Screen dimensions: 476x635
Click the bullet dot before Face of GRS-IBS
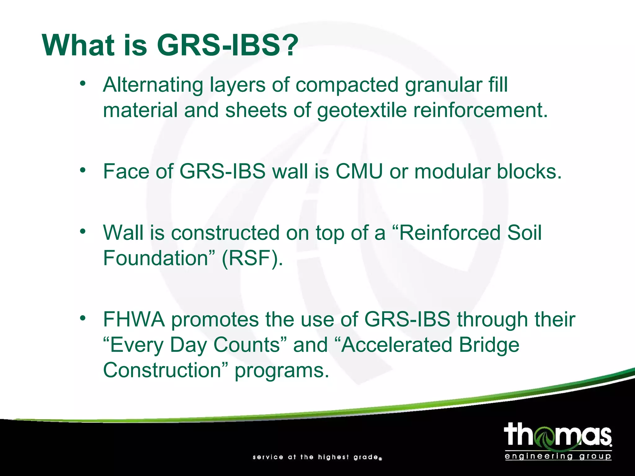(x=82, y=170)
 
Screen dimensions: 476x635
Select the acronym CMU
(x=359, y=171)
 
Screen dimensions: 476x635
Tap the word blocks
(x=529, y=171)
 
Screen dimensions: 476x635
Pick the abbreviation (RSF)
(x=252, y=258)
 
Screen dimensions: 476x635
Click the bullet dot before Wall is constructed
(x=82, y=231)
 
